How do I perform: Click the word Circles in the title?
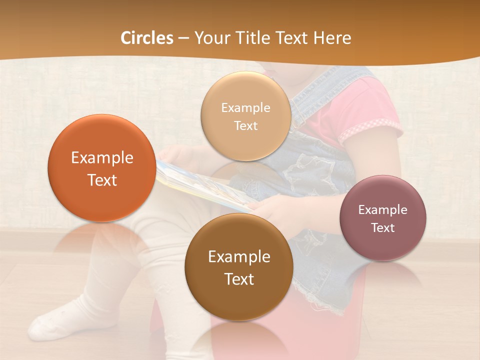[x=146, y=38]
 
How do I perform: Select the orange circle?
[x=101, y=168]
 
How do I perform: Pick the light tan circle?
[x=245, y=116]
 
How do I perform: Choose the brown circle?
[x=239, y=267]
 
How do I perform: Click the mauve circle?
[x=382, y=218]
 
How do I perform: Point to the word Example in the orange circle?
[x=102, y=158]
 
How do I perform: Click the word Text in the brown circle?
[x=239, y=279]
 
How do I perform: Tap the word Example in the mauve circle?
[x=382, y=209]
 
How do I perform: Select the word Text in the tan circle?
[x=245, y=126]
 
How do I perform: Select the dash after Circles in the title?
[x=183, y=38]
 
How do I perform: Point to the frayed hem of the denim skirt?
[x=325, y=300]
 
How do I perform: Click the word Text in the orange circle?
[x=102, y=180]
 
